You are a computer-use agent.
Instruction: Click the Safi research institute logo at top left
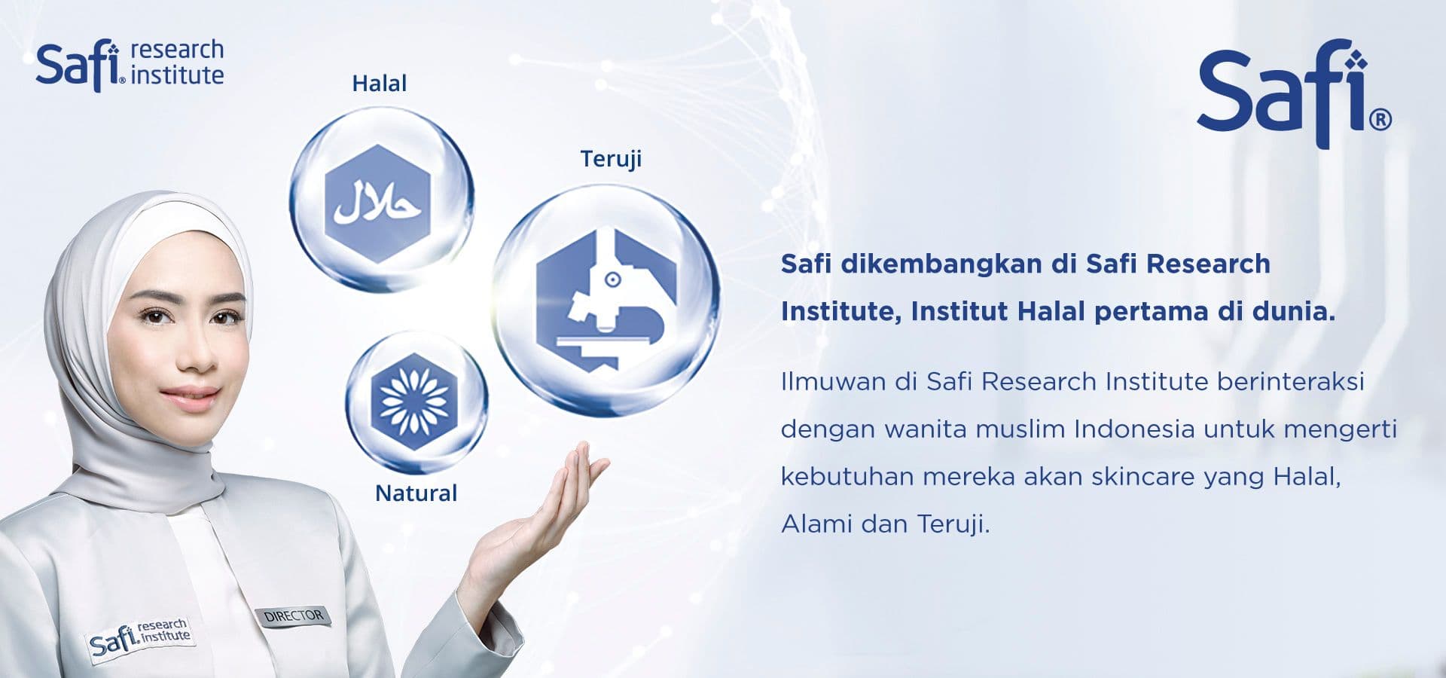(130, 65)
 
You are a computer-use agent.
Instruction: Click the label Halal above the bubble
(380, 83)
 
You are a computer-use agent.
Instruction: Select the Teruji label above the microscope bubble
(611, 159)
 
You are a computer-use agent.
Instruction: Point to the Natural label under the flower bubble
(416, 493)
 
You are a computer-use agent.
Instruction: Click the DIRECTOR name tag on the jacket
(294, 615)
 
